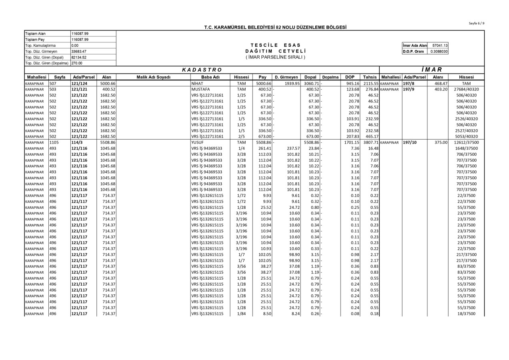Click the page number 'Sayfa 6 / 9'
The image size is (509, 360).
point(476,23)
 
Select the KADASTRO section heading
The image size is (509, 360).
point(202,70)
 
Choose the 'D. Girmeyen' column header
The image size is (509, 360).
point(286,77)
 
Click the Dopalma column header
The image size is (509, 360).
point(330,77)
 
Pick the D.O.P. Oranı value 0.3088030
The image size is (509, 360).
point(439,51)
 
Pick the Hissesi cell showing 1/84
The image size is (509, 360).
point(241,314)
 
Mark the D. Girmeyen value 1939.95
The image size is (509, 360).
point(292,83)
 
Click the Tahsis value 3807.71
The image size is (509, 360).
point(371,142)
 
